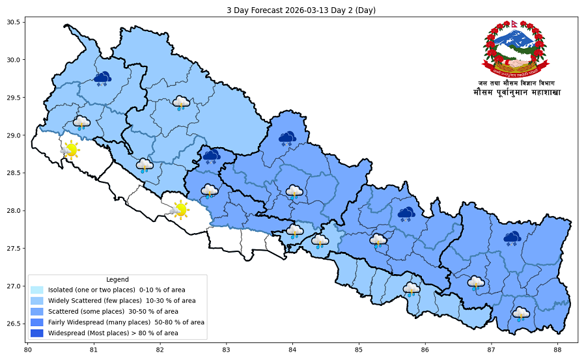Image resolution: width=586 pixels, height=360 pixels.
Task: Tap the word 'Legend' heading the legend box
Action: coord(117,279)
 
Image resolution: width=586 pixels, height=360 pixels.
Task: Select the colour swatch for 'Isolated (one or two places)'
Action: coord(36,289)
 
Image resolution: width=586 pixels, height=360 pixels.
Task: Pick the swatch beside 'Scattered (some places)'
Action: coord(36,311)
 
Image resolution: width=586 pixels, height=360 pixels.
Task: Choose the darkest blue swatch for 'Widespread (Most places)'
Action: coord(36,333)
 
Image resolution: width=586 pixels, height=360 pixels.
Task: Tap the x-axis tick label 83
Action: coord(226,350)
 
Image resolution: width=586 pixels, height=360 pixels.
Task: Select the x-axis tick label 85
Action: coord(359,350)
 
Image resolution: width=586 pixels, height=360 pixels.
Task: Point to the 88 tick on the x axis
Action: coord(558,350)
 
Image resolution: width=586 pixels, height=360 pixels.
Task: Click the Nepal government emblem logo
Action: coord(516,47)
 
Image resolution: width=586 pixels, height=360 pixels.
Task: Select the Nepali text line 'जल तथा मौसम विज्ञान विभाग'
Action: coord(516,83)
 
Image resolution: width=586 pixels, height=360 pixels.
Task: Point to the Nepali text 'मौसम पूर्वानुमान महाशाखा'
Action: coord(516,93)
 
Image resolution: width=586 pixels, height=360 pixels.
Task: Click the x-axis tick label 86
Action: coord(425,350)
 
